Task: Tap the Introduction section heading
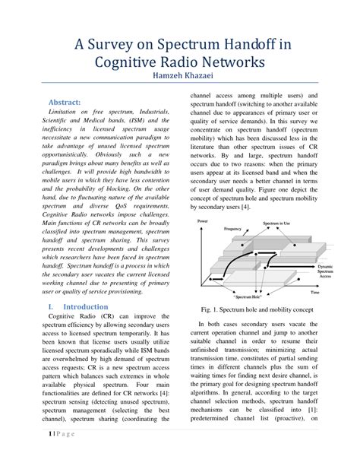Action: click(x=86, y=306)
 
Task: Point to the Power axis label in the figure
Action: click(x=202, y=220)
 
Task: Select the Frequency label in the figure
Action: click(x=233, y=228)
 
